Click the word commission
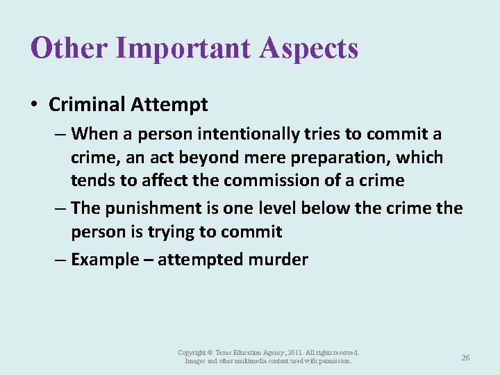click(267, 181)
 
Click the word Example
click(105, 260)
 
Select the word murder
click(279, 260)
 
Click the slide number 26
click(465, 358)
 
